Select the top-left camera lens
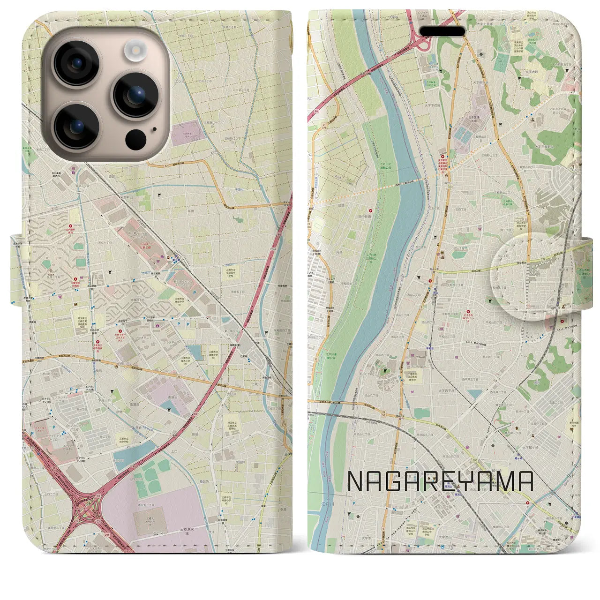(x=76, y=64)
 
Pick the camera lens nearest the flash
(x=135, y=95)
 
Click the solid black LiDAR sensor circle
(x=135, y=139)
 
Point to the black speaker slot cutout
(x=442, y=31)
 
